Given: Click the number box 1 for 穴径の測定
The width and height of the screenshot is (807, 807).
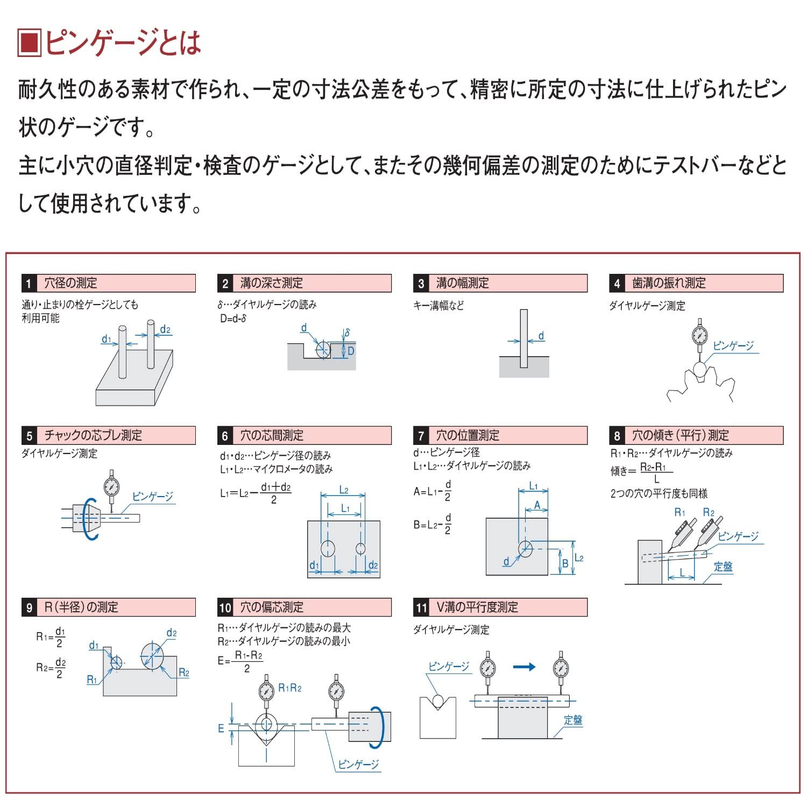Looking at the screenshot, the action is pyautogui.click(x=29, y=284).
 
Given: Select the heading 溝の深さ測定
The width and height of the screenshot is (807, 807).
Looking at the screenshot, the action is pyautogui.click(x=272, y=283).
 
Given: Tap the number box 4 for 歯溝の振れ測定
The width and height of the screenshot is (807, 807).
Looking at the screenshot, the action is pyautogui.click(x=617, y=284).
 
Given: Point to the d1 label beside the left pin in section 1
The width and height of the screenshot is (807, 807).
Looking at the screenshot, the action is pyautogui.click(x=107, y=339).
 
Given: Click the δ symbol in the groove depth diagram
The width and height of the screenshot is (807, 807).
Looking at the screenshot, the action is pyautogui.click(x=348, y=333).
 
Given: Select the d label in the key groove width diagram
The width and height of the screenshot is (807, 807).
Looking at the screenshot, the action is pyautogui.click(x=541, y=336).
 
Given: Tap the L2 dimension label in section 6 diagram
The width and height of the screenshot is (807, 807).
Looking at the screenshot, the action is pyautogui.click(x=344, y=490).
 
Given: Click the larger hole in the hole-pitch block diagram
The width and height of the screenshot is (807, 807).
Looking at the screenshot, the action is pyautogui.click(x=328, y=548).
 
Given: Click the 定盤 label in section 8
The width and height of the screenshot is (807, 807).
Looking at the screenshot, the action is pyautogui.click(x=723, y=567).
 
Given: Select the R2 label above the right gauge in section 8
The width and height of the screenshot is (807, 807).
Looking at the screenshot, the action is pyautogui.click(x=709, y=513).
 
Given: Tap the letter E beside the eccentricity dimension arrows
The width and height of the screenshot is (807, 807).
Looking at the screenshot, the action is pyautogui.click(x=221, y=728).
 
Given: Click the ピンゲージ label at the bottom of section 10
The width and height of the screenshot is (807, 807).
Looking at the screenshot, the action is pyautogui.click(x=358, y=764).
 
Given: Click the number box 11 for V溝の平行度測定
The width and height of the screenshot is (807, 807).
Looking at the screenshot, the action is pyautogui.click(x=421, y=608).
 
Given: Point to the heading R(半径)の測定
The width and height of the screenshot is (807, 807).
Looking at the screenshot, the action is pyautogui.click(x=81, y=607).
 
